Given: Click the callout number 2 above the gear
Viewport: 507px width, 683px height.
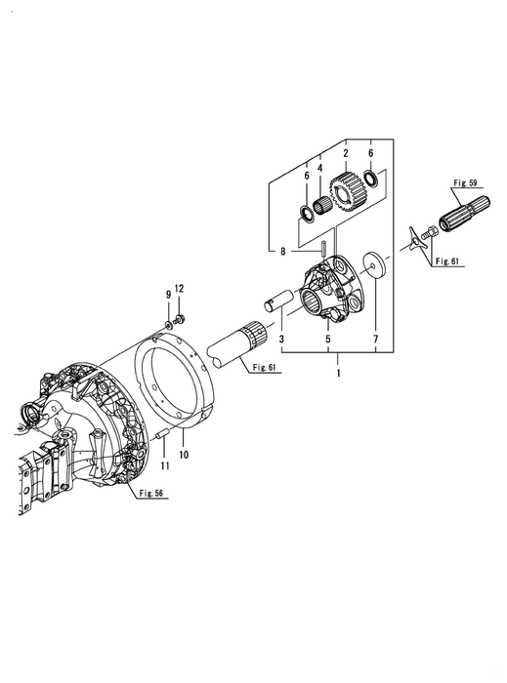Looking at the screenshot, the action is [x=346, y=153].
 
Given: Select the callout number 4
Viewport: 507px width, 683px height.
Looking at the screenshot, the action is [x=320, y=168].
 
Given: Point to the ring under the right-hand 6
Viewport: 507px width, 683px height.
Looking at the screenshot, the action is [x=371, y=179].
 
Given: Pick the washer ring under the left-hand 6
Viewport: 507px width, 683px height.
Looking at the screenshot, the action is [x=307, y=214].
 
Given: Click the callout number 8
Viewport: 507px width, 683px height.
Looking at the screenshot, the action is [x=283, y=252].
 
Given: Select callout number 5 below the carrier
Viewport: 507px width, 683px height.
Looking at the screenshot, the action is [x=328, y=339].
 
